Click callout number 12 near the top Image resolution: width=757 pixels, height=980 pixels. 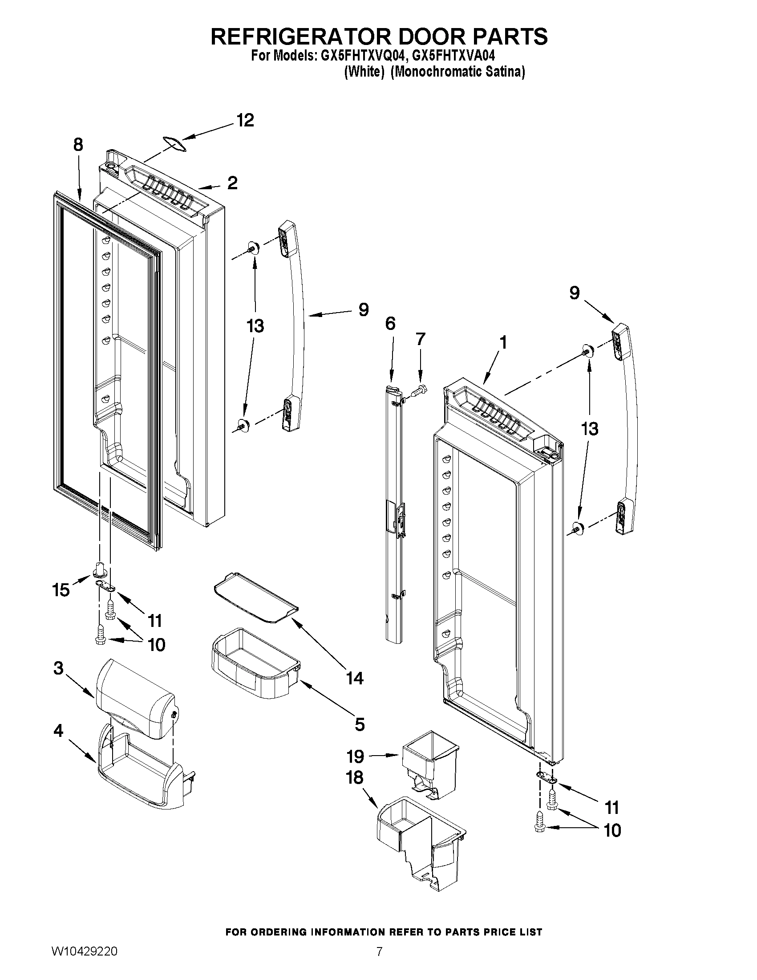point(245,120)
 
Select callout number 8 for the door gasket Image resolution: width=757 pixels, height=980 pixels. point(77,145)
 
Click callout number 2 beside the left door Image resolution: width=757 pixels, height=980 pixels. point(232,183)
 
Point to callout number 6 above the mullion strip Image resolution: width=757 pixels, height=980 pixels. point(390,323)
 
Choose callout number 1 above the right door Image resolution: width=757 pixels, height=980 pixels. point(503,343)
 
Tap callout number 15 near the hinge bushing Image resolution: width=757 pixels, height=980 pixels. point(61,590)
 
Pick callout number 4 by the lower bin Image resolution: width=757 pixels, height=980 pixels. point(58,731)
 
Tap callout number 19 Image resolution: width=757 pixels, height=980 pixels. point(355,756)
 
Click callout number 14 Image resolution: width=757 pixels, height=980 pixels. point(354,678)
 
